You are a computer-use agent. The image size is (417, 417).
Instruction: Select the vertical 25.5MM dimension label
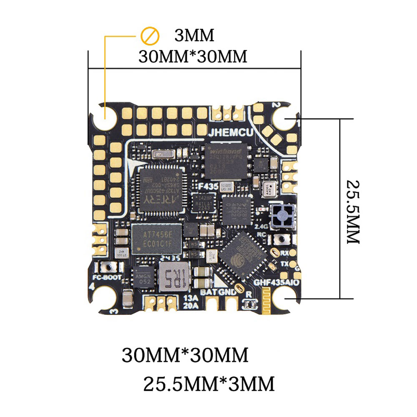pos(353,212)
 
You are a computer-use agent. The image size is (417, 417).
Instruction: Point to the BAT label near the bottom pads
pos(208,292)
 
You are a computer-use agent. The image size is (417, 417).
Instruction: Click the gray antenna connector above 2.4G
pos(282,216)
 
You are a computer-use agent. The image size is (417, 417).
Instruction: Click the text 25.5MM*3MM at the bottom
pos(209,383)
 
